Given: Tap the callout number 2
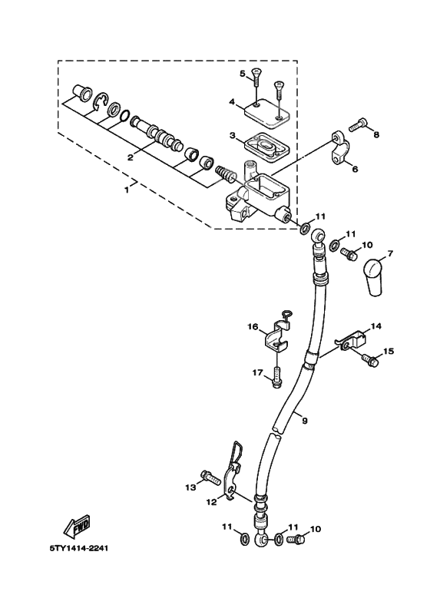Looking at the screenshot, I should tap(131, 157).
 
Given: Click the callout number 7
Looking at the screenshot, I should tap(389, 253).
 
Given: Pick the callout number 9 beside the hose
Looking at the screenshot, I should tap(304, 420).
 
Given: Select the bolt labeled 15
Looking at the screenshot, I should tap(370, 358).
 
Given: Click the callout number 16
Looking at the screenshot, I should tap(252, 328).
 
